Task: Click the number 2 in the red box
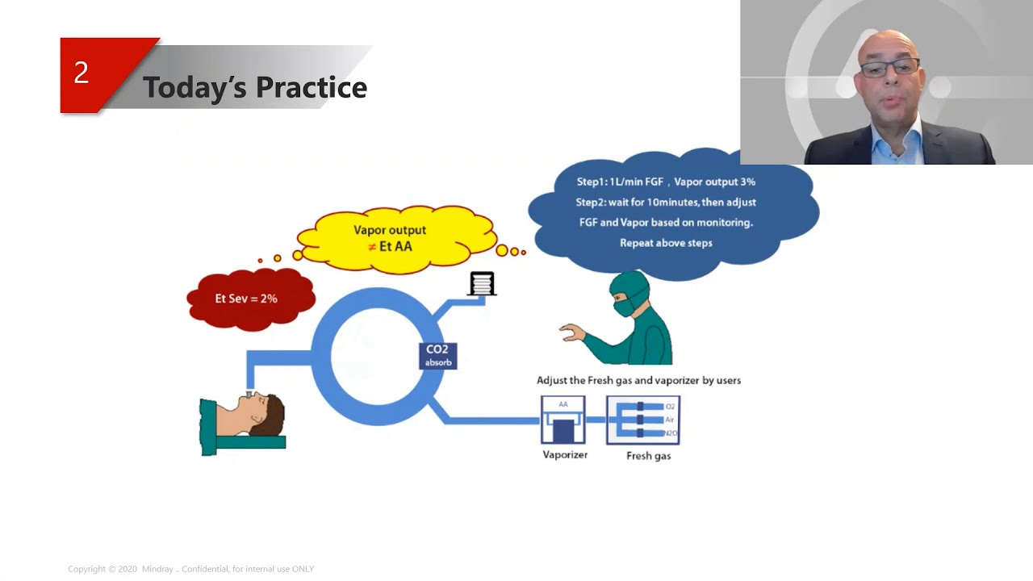(x=82, y=73)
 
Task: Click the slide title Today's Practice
(x=254, y=87)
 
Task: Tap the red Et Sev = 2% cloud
(x=246, y=299)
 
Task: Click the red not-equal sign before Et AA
(x=372, y=247)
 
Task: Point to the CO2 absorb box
(x=437, y=355)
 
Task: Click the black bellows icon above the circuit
(x=482, y=283)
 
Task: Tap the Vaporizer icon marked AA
(x=563, y=420)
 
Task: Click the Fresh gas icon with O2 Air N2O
(x=643, y=420)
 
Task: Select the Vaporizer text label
(x=565, y=455)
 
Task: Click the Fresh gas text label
(x=648, y=456)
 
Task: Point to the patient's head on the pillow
(x=262, y=412)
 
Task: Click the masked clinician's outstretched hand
(x=572, y=332)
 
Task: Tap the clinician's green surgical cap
(x=630, y=283)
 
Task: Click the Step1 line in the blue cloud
(x=666, y=182)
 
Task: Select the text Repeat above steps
(x=666, y=243)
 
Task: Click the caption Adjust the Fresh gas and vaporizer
(x=638, y=380)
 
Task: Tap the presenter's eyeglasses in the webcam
(x=889, y=69)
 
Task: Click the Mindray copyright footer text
(x=190, y=569)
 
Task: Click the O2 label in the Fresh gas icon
(x=670, y=407)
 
